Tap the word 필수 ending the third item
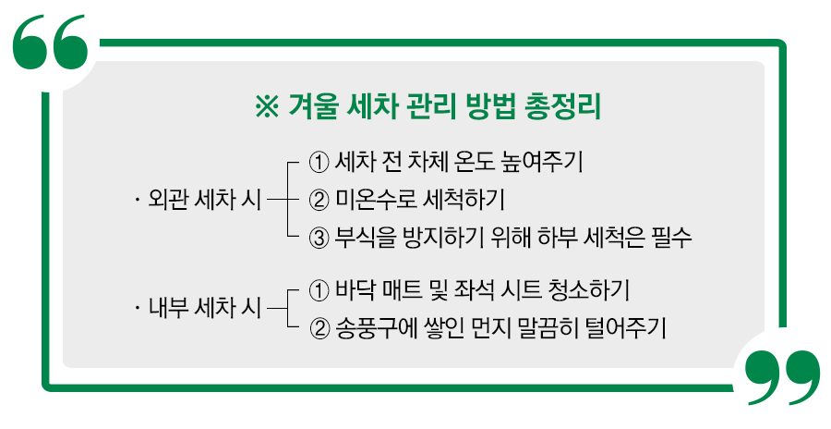(671, 236)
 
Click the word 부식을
(367, 236)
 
